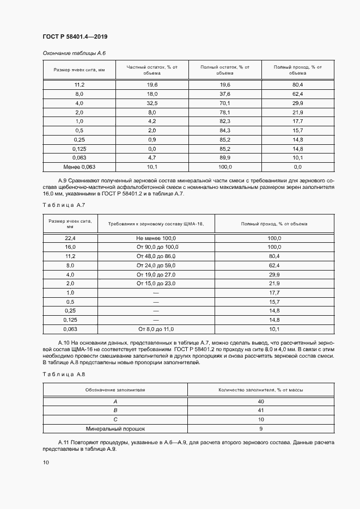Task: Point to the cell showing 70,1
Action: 225,103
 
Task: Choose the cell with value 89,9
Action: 225,157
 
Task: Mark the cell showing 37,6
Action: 225,94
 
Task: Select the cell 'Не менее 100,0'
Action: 156,238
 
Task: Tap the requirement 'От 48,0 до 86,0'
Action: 156,256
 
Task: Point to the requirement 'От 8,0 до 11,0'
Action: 156,329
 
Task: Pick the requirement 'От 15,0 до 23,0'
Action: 156,284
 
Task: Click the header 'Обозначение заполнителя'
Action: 115,390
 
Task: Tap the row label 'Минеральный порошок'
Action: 115,428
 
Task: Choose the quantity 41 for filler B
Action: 261,410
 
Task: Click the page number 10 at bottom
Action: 46,462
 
